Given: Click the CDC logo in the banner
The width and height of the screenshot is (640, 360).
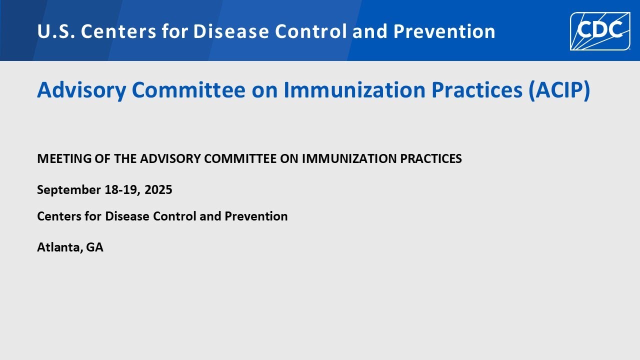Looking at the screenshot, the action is point(600,31).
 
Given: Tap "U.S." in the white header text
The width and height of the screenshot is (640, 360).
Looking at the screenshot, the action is point(56,31).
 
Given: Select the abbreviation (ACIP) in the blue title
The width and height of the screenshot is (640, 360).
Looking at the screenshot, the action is point(559,90).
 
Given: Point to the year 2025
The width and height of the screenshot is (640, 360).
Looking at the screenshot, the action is point(158,189).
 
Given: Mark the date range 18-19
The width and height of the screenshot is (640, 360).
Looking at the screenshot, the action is point(122,189).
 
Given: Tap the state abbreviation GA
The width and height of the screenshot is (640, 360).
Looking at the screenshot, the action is point(94,247).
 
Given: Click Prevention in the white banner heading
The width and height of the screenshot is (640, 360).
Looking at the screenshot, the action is point(444,31).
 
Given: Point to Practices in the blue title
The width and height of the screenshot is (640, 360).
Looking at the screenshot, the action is point(477,90).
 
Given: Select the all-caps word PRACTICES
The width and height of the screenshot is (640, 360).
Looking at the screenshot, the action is point(431,158).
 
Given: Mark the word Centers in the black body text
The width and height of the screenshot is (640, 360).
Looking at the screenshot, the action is point(59,216).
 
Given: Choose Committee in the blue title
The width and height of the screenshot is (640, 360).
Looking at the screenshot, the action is point(188,90).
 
